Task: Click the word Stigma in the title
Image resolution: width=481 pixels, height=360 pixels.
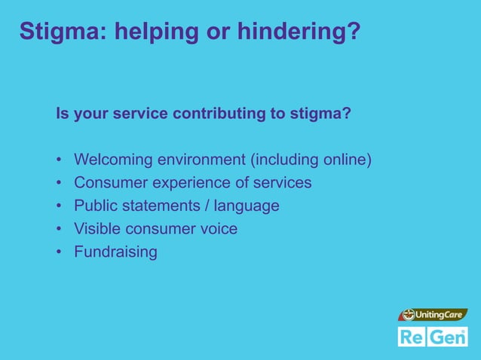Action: (x=57, y=32)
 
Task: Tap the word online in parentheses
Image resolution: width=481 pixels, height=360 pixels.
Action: (x=343, y=160)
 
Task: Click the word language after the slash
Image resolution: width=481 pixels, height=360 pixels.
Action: (x=247, y=206)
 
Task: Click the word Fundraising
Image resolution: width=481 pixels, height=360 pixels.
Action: (x=115, y=252)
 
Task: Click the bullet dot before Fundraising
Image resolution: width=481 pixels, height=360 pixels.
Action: (x=58, y=252)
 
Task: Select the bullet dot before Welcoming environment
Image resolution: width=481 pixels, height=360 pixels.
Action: (x=58, y=160)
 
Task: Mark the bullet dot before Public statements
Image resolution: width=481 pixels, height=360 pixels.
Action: (x=58, y=206)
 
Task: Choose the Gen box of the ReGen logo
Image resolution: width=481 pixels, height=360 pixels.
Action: (x=449, y=337)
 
